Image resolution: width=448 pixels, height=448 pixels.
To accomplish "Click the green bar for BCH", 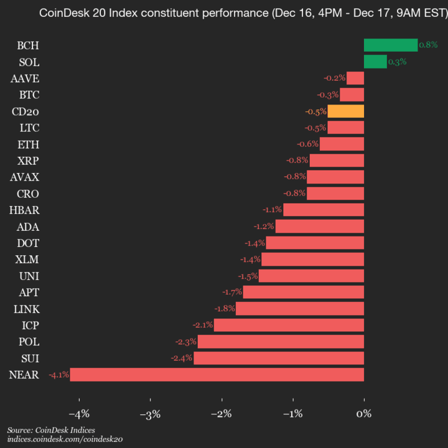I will coord(390,45).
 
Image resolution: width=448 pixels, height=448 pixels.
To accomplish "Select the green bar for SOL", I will coord(375,62).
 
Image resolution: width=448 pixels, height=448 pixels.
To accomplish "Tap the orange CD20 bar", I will coord(345,111).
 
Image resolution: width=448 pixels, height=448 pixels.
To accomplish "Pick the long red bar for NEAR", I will coord(217,375).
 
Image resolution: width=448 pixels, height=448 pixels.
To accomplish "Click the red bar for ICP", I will coord(289,325).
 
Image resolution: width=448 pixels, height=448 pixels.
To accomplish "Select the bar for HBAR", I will coord(324,210).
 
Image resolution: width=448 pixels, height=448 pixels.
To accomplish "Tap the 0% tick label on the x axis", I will coord(364,413).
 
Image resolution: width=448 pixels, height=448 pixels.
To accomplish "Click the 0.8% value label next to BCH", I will coord(428,45).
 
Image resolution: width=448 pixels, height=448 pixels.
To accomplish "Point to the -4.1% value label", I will coord(58,375).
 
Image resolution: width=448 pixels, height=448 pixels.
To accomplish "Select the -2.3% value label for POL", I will coord(186,342).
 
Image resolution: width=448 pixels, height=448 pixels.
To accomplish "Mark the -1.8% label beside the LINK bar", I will coord(224,309).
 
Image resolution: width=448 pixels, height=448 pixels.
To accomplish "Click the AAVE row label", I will coord(25,78).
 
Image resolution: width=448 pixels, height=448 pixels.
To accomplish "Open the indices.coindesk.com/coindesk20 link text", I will coord(65,439).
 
